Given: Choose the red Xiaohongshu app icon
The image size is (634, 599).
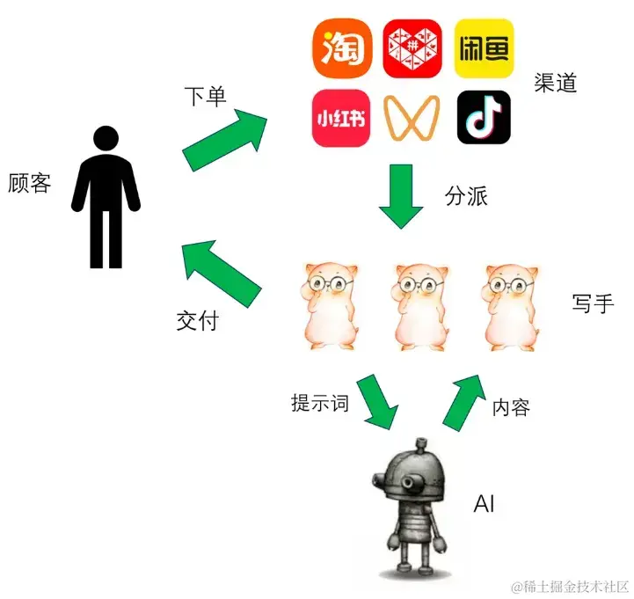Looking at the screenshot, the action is click(340, 118).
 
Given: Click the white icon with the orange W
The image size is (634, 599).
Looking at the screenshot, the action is click(412, 118).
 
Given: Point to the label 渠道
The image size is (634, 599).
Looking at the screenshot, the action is click(555, 83).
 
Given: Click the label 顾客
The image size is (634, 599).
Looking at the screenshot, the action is click(29, 183).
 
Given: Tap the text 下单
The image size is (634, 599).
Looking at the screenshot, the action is click(205, 95).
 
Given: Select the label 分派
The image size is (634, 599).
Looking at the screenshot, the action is click(466, 196).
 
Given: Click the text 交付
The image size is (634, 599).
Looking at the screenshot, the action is click(197, 321).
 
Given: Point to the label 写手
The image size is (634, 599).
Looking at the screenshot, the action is click(592, 303).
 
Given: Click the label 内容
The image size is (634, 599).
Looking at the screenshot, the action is click(511, 407).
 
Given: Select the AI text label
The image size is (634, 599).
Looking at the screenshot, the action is click(485, 504).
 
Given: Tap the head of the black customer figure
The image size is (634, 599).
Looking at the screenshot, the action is click(106, 138).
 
